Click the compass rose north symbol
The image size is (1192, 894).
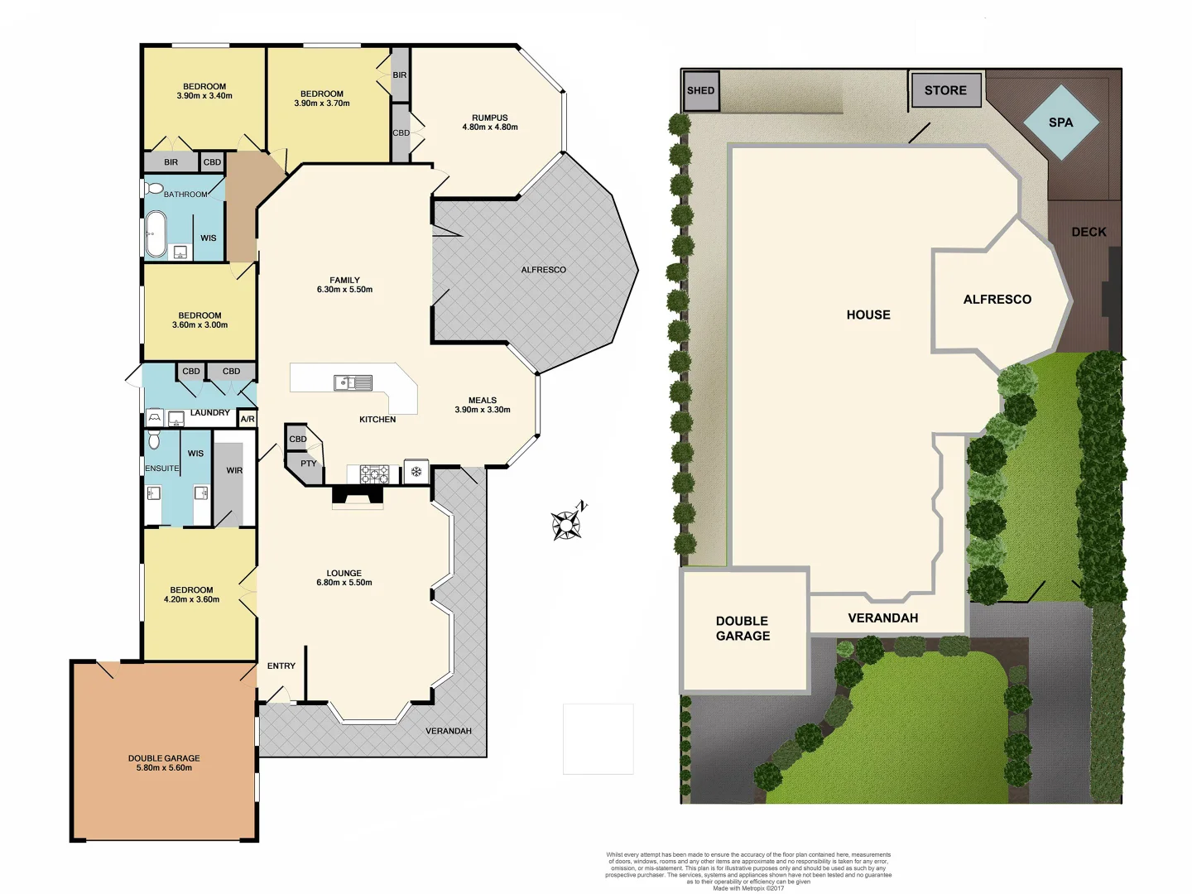568,522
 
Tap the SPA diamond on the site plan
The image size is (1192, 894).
1061,123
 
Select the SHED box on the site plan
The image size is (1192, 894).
700,91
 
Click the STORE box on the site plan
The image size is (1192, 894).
945,90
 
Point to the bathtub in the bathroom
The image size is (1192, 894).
156,234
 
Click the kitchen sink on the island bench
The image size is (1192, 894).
353,382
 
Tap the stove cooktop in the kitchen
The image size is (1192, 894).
374,474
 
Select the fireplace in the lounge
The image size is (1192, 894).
358,495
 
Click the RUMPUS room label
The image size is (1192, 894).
490,118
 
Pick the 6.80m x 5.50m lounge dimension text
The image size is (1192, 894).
344,583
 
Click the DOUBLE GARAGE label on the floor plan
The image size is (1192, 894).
164,758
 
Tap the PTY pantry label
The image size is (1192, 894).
309,464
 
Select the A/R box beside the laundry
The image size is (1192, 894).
248,419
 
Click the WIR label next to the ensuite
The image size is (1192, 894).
234,470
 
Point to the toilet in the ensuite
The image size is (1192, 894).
154,440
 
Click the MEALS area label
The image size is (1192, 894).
483,400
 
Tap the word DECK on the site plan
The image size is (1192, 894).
1089,232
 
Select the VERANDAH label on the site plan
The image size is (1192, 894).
883,618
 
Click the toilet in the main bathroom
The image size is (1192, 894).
154,189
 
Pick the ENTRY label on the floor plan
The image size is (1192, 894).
281,666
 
